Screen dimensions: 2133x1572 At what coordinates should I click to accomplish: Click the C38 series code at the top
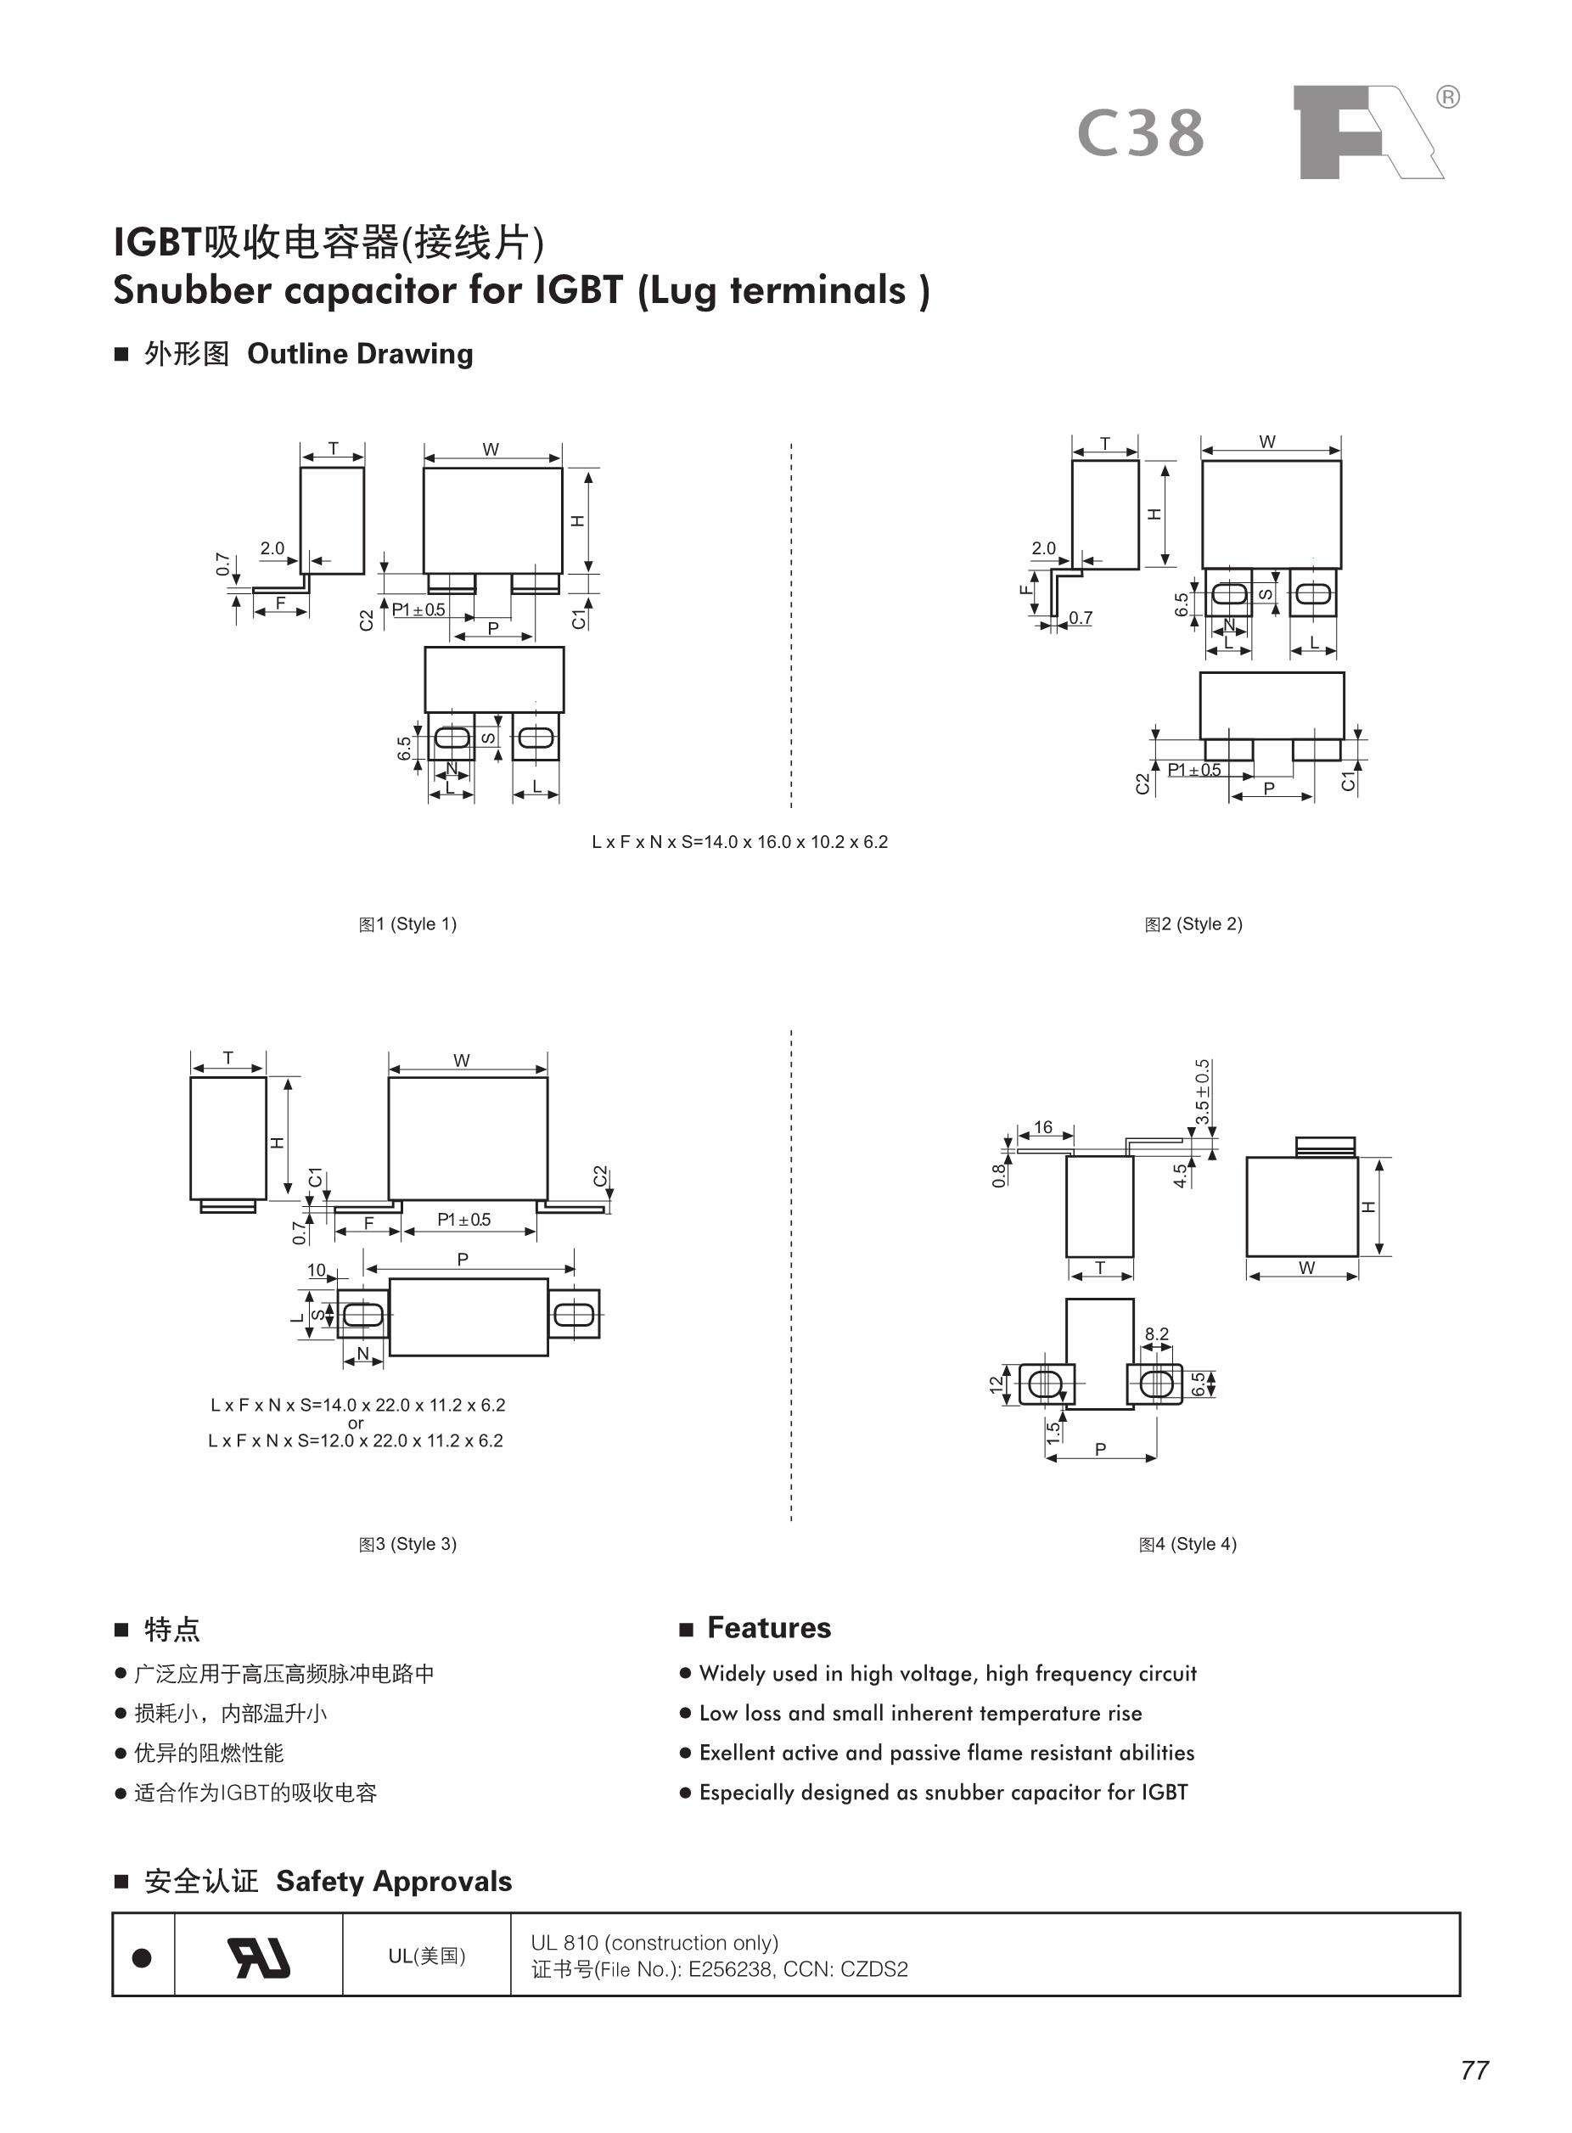pos(1141,134)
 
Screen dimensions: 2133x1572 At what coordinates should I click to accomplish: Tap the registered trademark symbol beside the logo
pos(1446,97)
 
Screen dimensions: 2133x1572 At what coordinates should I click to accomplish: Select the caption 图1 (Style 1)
pos(407,923)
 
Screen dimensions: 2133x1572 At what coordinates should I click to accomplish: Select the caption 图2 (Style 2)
pos(1193,923)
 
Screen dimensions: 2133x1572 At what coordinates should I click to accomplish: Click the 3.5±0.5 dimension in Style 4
pos(1203,1092)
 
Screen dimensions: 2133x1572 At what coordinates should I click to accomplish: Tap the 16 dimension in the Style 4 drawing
pos(1043,1127)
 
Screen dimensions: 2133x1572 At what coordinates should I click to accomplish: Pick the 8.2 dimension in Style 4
pos(1156,1333)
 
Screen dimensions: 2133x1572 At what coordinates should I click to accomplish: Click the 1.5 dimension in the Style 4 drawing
pos(1053,1432)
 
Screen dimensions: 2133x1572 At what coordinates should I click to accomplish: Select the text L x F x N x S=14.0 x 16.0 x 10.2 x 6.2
pos(739,842)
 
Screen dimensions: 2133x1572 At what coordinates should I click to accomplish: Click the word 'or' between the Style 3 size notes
pos(356,1423)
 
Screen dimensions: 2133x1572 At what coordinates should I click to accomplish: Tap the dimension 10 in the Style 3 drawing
pos(316,1270)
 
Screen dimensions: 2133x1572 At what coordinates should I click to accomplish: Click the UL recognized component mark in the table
pos(258,1958)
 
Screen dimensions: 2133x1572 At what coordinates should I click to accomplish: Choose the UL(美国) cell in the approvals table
pos(426,1956)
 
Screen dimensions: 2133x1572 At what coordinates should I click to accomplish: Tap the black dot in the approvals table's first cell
pos(142,1958)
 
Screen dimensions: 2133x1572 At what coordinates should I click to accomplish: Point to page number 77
pos(1474,2070)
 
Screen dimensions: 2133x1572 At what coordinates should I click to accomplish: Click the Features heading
pos(769,1628)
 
